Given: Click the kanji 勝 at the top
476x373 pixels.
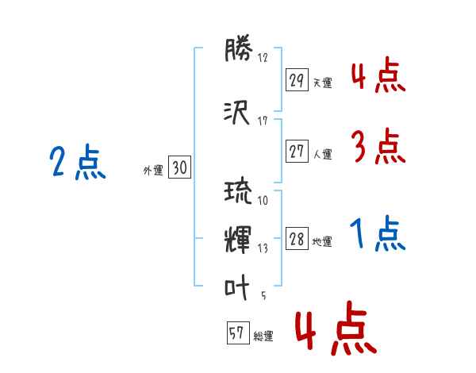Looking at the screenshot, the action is [x=238, y=48].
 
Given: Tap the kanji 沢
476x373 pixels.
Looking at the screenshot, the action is [x=236, y=113].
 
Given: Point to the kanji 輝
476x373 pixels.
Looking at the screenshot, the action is [x=238, y=240].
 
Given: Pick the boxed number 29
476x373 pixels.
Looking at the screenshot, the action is [x=297, y=80].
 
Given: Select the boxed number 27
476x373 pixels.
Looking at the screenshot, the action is [x=297, y=151].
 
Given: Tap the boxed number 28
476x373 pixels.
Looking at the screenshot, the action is [x=297, y=238].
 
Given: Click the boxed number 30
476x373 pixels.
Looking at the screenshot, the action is [x=179, y=167].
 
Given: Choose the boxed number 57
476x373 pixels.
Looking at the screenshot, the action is [x=238, y=333].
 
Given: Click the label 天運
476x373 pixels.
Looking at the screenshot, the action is [x=322, y=83].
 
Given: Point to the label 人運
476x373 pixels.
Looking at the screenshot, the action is [x=323, y=154].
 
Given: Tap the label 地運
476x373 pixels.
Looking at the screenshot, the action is [x=322, y=242].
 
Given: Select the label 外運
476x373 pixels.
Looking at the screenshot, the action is [x=153, y=171].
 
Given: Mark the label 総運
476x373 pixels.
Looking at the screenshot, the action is [x=263, y=336].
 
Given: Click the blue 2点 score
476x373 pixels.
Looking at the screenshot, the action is [x=78, y=162].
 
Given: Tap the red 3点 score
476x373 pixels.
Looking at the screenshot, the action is [x=378, y=146].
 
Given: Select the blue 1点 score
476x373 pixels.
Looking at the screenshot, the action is [x=378, y=233].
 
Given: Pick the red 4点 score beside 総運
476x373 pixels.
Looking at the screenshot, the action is [x=336, y=328].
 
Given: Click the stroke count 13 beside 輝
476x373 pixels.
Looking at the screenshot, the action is [x=263, y=248].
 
